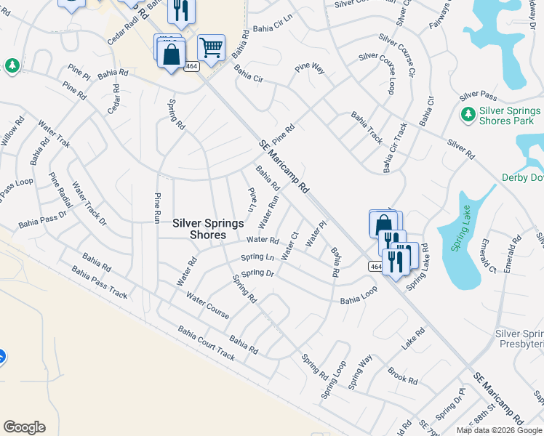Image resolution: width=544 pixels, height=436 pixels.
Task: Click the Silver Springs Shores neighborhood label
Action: click(208, 229)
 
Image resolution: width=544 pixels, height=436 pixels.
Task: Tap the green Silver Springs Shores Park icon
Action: click(468, 115)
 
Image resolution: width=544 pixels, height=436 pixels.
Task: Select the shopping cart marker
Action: click(211, 49)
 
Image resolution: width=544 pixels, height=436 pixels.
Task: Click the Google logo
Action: click(24, 427)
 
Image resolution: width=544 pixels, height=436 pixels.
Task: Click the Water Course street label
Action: click(207, 306)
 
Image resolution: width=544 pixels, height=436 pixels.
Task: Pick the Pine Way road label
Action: click(310, 68)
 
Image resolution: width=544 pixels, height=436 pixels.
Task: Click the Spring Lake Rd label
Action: click(417, 267)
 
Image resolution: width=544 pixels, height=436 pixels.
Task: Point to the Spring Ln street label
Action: click(258, 257)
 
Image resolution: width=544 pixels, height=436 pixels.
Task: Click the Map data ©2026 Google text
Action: click(498, 430)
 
